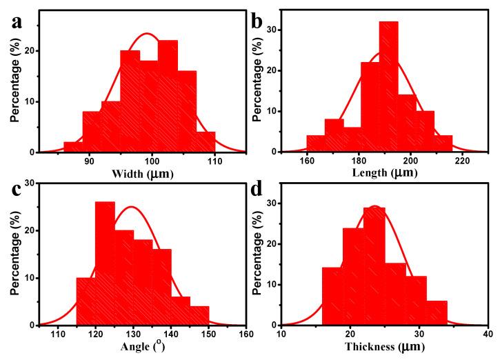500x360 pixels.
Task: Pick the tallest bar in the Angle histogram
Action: [105, 263]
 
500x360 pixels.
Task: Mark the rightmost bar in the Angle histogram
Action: [199, 315]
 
